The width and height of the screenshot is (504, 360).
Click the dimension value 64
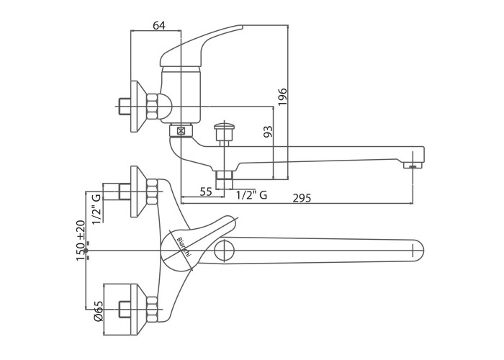[x=159, y=25]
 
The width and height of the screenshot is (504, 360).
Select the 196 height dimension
[x=282, y=96]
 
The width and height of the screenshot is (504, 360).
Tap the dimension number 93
[x=268, y=132]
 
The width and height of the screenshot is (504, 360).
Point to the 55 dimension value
[x=206, y=192]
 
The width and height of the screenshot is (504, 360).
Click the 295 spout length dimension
[x=302, y=198]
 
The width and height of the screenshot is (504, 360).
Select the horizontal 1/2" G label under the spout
[x=252, y=195]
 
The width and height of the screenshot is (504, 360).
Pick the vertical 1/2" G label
[x=96, y=209]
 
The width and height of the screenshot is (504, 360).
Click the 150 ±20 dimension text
[x=81, y=240]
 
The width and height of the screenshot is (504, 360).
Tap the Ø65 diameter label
[x=98, y=311]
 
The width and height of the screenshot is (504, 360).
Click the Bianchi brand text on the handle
[x=184, y=247]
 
